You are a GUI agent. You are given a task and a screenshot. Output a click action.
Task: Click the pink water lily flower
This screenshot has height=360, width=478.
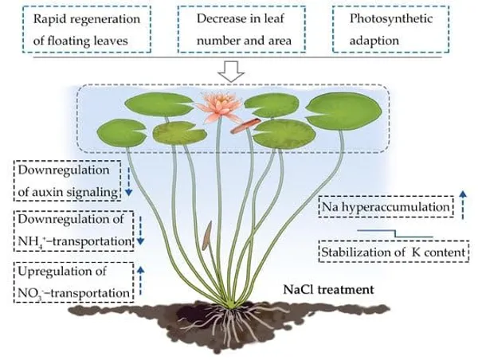pyautogui.click(x=219, y=107)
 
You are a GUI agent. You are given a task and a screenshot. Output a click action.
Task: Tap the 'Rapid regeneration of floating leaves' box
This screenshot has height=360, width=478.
pyautogui.click(x=87, y=29)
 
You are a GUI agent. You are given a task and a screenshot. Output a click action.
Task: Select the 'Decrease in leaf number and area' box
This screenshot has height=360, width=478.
pyautogui.click(x=241, y=29)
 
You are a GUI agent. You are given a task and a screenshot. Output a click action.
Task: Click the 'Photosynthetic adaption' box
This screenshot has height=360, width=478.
pyautogui.click(x=390, y=29)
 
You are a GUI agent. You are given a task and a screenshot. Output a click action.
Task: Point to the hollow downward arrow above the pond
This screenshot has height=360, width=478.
pyautogui.click(x=231, y=72)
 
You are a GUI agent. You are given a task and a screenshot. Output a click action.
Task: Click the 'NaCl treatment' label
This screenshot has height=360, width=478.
pyautogui.click(x=328, y=289)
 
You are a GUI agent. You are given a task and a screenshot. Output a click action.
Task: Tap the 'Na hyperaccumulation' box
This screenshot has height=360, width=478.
pyautogui.click(x=386, y=207)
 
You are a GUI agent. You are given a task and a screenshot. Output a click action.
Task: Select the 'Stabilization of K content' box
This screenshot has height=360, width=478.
pyautogui.click(x=394, y=252)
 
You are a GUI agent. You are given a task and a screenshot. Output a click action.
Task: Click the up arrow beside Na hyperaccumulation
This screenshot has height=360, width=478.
pyautogui.click(x=463, y=205)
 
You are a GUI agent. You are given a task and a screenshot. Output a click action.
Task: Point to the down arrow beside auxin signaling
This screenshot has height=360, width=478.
pyautogui.click(x=128, y=182)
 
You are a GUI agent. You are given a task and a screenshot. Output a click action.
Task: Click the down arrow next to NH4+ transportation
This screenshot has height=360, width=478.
pyautogui.click(x=140, y=231)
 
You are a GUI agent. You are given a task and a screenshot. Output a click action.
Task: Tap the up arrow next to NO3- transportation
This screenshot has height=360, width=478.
pyautogui.click(x=140, y=280)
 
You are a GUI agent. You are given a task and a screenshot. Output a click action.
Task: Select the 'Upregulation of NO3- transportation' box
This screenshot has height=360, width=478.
pyautogui.click(x=74, y=282)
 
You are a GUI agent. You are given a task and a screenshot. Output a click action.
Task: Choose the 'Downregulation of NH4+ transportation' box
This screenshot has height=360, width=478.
pyautogui.click(x=74, y=231)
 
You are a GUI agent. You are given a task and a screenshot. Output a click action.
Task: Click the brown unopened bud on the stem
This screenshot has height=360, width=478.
pyautogui.click(x=206, y=236)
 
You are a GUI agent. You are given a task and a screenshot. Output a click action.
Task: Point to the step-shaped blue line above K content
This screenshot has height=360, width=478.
pyautogui.click(x=395, y=233)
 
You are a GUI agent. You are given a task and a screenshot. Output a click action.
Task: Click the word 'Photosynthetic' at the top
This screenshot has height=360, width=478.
pyautogui.click(x=391, y=19)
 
